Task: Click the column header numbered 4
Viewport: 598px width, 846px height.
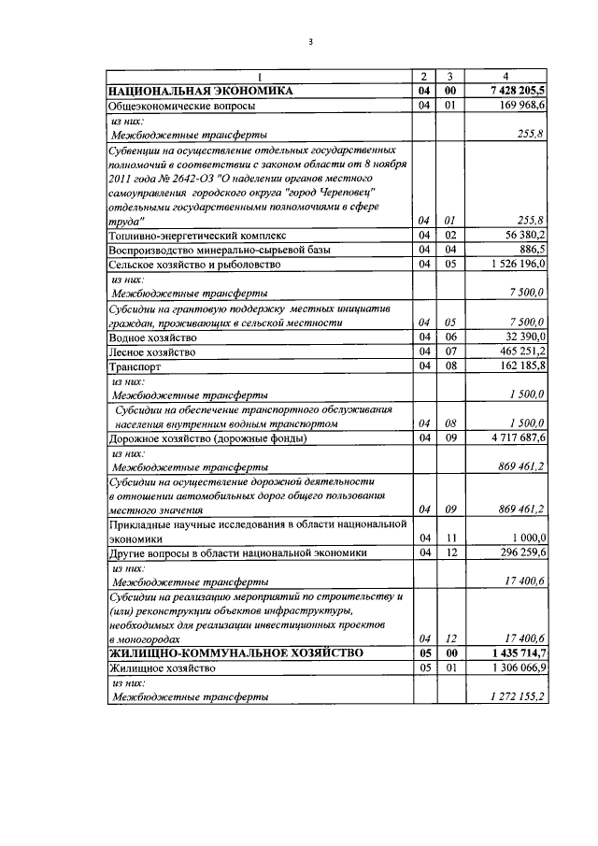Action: click(x=506, y=77)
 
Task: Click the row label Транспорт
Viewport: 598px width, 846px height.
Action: click(x=135, y=366)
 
